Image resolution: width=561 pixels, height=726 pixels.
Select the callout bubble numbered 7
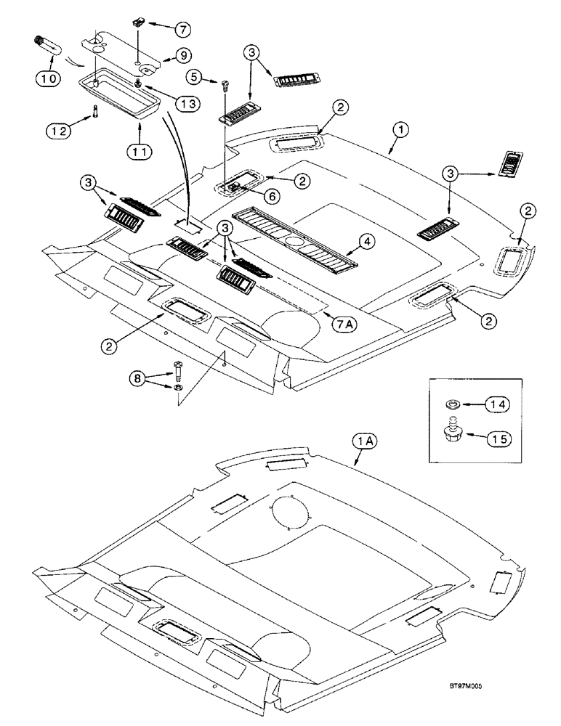(x=182, y=28)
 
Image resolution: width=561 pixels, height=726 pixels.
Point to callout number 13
(x=187, y=105)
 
